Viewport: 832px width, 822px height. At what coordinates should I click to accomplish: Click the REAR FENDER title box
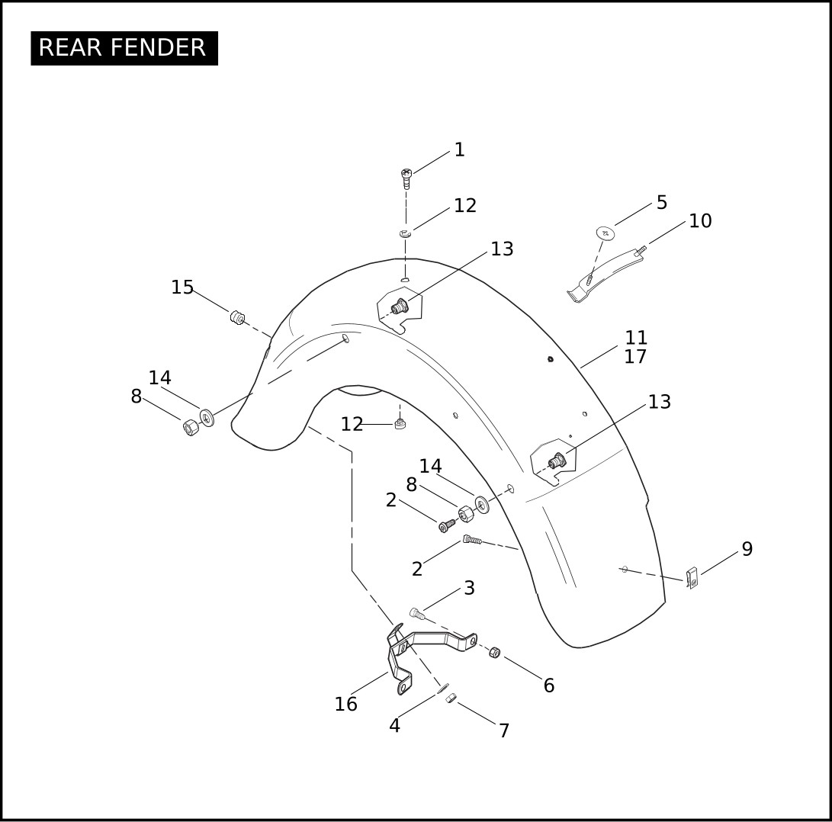[x=124, y=48]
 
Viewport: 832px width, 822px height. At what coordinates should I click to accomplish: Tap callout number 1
[x=460, y=149]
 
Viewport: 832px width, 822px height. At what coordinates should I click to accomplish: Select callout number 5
[x=662, y=202]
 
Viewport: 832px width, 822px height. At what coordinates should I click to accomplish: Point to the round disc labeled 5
[x=605, y=233]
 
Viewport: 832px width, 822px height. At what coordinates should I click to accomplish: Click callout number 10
[x=700, y=221]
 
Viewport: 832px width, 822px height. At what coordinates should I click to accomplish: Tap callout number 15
[x=182, y=287]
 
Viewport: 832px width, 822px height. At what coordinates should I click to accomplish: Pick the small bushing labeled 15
[x=237, y=317]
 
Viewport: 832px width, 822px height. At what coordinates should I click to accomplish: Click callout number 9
[x=747, y=549]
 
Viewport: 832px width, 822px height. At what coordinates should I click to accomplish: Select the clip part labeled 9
[x=692, y=578]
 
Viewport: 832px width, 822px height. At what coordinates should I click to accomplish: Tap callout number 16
[x=346, y=705]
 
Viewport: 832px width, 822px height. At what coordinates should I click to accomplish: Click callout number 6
[x=549, y=686]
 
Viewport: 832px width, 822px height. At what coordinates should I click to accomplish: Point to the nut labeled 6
[x=494, y=653]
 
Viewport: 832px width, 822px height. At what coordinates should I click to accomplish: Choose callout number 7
[x=504, y=730]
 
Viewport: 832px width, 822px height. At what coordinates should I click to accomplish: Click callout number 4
[x=394, y=725]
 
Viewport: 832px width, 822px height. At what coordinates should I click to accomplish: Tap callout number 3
[x=469, y=588]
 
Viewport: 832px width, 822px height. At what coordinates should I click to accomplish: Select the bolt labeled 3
[x=417, y=613]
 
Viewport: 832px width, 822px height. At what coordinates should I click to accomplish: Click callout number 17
[x=636, y=357]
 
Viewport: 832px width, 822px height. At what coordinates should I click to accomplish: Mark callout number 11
[x=636, y=338]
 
